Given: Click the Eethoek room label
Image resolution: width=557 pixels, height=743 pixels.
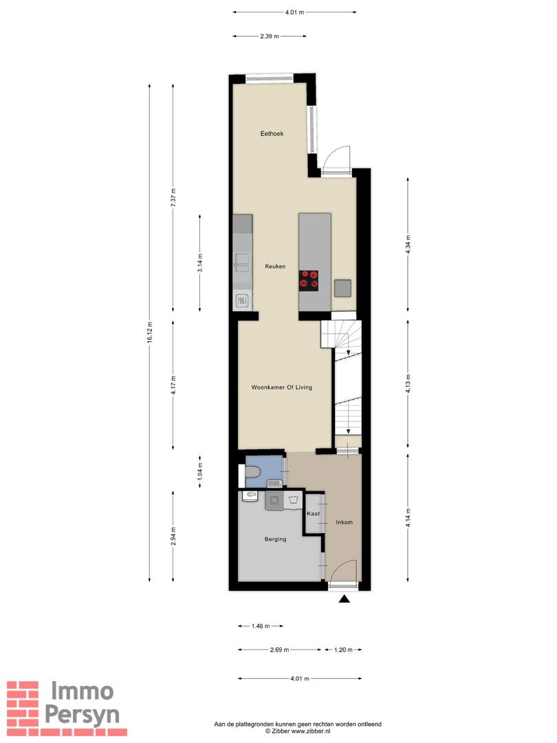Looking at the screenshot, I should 272,133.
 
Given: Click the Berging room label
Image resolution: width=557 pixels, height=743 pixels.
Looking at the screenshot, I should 275,539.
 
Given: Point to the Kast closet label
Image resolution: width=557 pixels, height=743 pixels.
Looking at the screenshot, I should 314,514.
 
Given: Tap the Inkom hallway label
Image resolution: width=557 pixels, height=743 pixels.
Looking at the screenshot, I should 344,522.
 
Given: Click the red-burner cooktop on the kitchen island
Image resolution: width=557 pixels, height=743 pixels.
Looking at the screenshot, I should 309,279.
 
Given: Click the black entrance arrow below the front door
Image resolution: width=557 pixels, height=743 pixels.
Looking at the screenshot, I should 345,599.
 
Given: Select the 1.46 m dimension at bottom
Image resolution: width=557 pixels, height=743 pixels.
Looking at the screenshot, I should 261,626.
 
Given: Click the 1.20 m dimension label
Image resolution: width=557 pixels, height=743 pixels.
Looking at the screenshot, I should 343,649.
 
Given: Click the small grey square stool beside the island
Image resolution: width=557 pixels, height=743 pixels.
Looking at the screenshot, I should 342,288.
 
